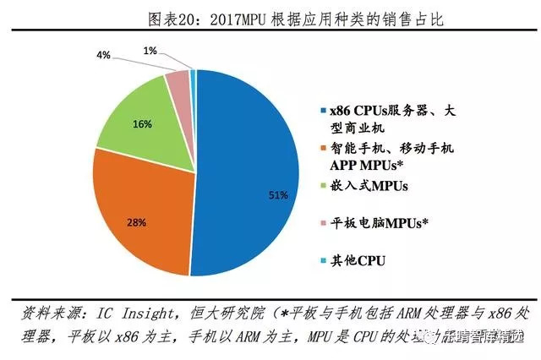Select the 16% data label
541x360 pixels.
click(x=142, y=124)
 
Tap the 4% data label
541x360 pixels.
click(x=103, y=55)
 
